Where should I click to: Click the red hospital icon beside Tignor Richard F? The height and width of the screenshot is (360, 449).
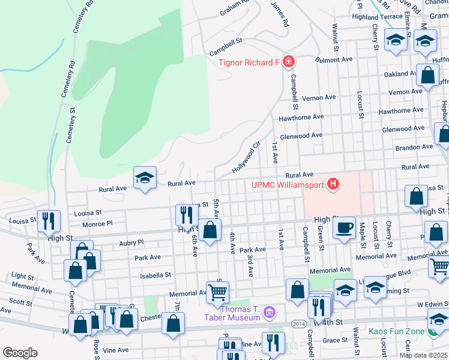click(289, 62)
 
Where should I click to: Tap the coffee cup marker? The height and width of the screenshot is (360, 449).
click(344, 228)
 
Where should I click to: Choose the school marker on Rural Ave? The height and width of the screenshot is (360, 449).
click(145, 178)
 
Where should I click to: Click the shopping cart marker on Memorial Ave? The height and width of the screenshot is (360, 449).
click(217, 293)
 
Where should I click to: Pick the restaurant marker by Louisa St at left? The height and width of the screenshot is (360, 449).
click(49, 220)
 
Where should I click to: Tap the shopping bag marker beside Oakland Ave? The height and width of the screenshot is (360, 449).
click(427, 76)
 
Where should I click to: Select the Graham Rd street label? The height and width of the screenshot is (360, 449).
click(234, 7)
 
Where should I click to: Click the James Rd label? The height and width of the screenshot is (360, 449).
click(280, 13)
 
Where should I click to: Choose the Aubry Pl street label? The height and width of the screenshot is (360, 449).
click(131, 242)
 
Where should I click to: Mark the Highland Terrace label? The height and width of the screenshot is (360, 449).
click(378, 17)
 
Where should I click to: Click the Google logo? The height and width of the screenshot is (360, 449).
click(20, 353)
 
